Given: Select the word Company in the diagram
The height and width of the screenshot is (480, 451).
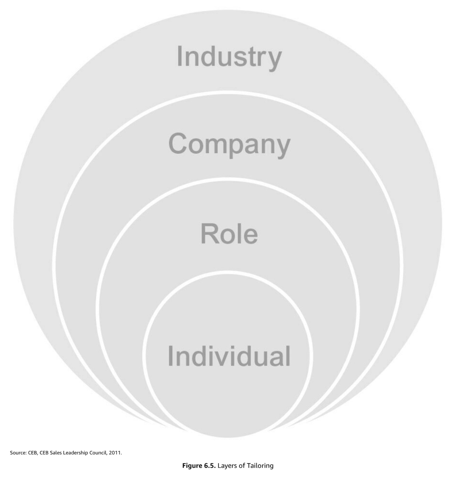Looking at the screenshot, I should tap(229, 144).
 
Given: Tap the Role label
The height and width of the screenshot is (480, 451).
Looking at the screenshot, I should tap(229, 234).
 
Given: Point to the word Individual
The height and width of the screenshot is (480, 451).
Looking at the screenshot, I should tap(229, 356).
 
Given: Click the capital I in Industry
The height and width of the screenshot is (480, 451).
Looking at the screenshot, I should tap(179, 56).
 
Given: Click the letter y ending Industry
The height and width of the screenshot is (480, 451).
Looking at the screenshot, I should tap(274, 59).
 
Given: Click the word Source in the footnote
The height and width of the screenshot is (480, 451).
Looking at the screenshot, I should tap(18, 453).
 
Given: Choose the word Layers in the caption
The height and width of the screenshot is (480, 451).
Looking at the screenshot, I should tap(226, 465).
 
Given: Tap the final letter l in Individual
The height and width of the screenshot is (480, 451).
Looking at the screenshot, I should tap(288, 355).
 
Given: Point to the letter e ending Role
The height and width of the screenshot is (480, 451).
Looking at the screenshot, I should tap(251, 235).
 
